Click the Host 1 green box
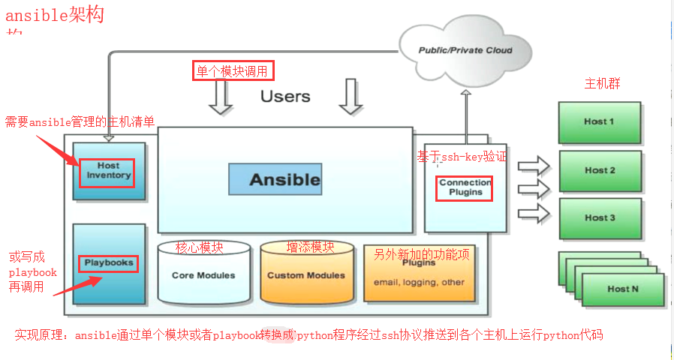click(x=599, y=121)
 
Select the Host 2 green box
click(x=600, y=170)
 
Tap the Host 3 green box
click(x=600, y=217)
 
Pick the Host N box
click(x=623, y=289)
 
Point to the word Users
click(x=285, y=96)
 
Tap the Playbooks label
click(x=109, y=263)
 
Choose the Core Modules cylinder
click(x=203, y=275)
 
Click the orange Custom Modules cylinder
click(x=306, y=275)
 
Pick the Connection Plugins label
click(x=465, y=187)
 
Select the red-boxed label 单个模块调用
click(x=233, y=71)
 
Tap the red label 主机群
click(x=602, y=83)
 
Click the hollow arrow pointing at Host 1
click(x=534, y=163)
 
